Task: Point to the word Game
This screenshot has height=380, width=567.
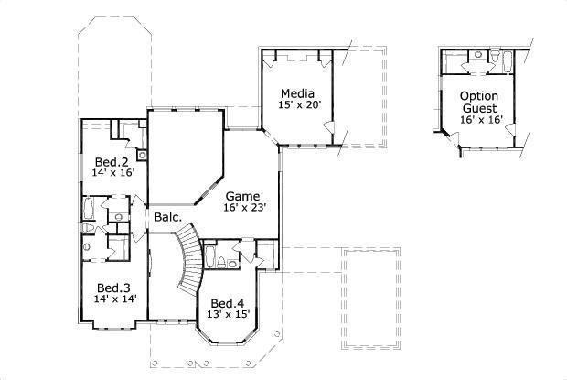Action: tap(242, 196)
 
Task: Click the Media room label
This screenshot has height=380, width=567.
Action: tap(297, 93)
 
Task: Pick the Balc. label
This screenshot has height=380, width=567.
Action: tap(168, 217)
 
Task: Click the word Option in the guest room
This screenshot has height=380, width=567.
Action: tap(478, 95)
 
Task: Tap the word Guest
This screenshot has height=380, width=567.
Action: tap(478, 107)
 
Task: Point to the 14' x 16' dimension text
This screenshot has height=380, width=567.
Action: tap(113, 172)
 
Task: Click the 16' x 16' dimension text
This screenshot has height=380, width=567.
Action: tap(480, 119)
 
